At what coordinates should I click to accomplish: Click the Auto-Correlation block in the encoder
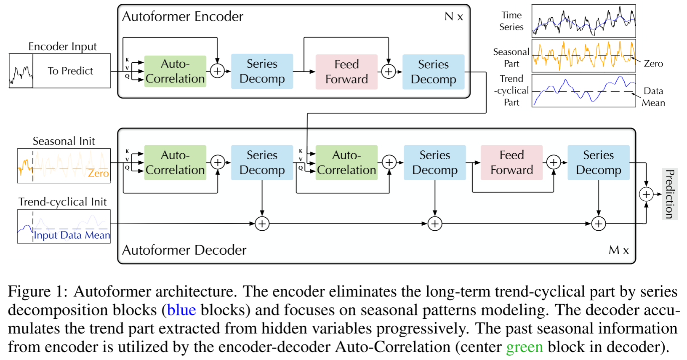(175, 71)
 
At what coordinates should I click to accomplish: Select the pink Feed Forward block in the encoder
(346, 72)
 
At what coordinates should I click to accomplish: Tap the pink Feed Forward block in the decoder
(511, 163)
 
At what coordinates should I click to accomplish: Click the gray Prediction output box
(670, 194)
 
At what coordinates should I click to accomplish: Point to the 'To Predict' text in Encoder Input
(70, 71)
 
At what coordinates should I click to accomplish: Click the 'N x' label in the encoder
(454, 16)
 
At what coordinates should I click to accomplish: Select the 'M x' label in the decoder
(619, 250)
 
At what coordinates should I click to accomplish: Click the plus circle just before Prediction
(646, 194)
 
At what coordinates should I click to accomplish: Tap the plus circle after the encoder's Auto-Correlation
(218, 71)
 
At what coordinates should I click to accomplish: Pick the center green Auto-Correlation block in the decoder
(346, 163)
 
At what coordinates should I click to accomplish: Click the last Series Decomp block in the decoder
(599, 163)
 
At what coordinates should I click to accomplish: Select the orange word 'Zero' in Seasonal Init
(98, 173)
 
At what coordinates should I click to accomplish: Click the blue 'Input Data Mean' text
(72, 235)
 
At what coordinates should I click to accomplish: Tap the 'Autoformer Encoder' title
(183, 16)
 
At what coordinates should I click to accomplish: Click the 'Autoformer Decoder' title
(184, 250)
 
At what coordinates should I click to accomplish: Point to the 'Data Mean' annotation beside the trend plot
(654, 97)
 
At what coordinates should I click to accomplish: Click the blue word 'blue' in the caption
(181, 310)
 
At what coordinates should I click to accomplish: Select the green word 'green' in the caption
(525, 347)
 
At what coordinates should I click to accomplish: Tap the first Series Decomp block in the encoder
(262, 72)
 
